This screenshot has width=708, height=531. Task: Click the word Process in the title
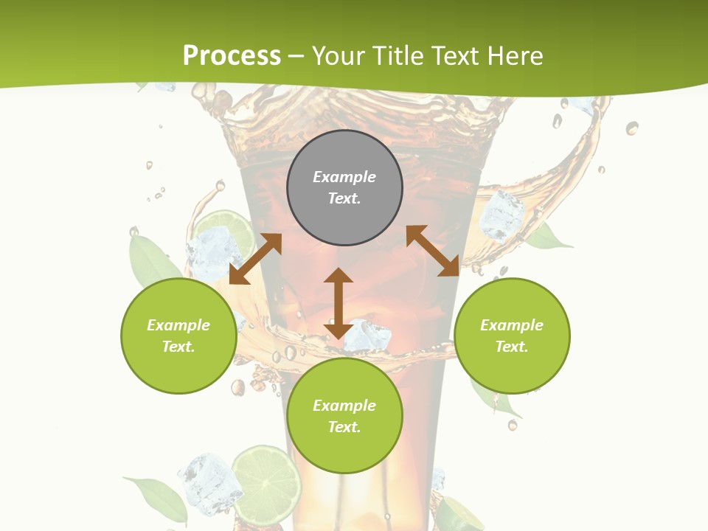[232, 56]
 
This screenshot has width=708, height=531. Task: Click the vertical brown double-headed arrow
[339, 303]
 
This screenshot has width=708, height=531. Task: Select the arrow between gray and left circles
[255, 259]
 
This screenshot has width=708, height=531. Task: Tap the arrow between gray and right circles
[432, 251]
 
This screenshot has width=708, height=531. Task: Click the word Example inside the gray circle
[344, 177]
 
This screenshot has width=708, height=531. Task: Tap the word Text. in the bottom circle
[344, 427]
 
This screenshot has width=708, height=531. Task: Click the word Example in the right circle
[512, 325]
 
